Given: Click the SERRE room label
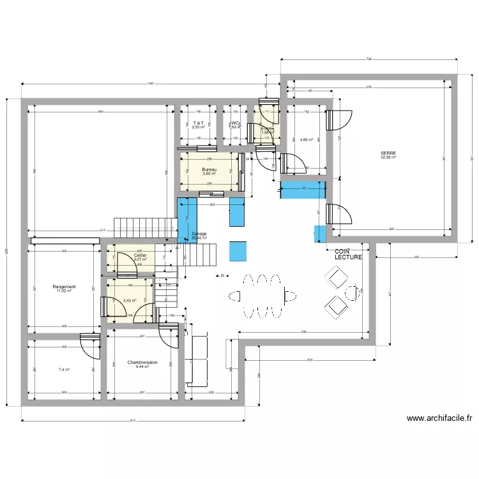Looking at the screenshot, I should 388,153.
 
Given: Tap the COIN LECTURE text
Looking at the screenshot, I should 348,254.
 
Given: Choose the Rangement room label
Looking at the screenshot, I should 65,287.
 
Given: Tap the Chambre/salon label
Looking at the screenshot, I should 142,361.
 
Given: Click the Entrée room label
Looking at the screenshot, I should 268,128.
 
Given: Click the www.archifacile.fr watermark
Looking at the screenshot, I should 439,419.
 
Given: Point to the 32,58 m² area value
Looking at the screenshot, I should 388,158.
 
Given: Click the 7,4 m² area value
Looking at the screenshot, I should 64,369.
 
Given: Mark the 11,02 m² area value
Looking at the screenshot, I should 65,291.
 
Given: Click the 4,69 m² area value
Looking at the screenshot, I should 307,139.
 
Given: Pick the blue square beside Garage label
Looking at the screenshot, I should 238,250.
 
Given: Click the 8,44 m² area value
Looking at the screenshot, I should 142,367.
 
